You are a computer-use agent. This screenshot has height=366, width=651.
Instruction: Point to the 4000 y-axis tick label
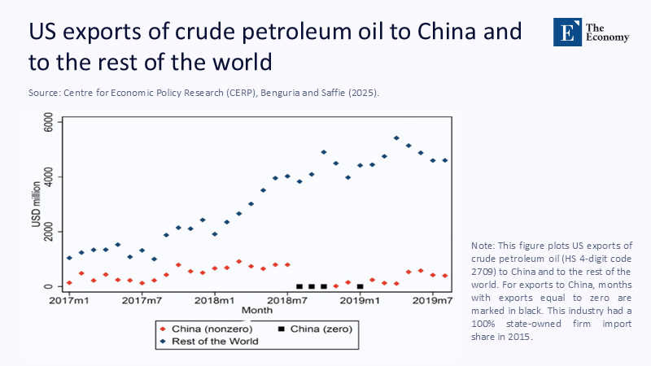48,176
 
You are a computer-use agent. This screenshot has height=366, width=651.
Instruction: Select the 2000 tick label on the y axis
48,231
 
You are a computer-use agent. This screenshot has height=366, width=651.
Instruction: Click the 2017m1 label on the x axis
69,301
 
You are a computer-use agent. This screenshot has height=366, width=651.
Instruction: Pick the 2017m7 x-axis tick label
142,301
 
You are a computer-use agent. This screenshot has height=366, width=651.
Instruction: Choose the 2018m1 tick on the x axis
215,301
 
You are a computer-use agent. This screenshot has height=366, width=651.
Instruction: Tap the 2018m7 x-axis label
287,301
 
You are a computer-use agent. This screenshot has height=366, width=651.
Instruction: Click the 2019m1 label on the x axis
360,301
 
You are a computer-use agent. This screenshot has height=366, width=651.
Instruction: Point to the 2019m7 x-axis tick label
432,301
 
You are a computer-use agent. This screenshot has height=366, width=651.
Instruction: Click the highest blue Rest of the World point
396,138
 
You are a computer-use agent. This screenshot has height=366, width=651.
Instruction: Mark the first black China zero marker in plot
299,286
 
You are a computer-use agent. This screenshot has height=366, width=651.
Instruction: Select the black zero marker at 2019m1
360,286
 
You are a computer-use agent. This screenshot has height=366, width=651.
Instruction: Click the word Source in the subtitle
44,94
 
